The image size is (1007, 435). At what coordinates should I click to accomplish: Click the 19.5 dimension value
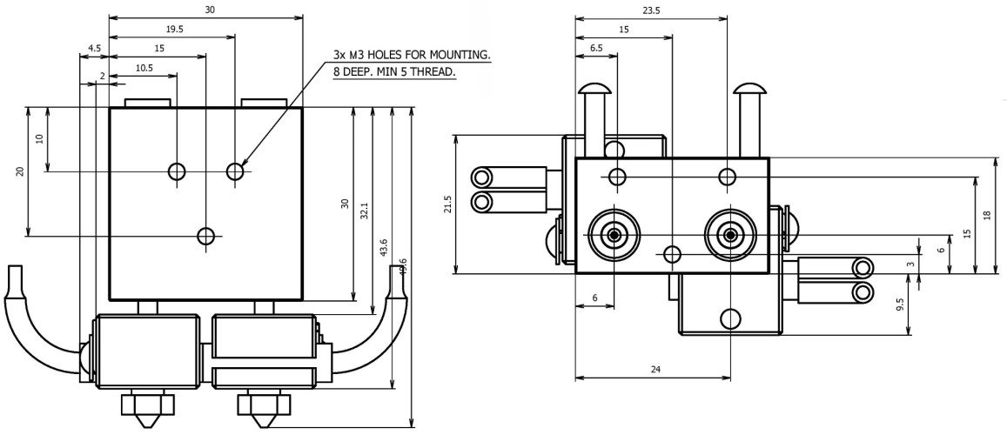point(150,29)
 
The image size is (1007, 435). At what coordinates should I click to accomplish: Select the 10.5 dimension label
point(144,68)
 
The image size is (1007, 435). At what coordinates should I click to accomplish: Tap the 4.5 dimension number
point(93,49)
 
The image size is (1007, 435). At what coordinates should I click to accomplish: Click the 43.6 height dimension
point(384,250)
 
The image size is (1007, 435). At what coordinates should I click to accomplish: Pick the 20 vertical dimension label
point(20,171)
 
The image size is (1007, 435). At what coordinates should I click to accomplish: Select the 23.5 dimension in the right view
point(651,10)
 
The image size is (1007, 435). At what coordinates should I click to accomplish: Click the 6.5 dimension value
point(596,49)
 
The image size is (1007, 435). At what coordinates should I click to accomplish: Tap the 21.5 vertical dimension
point(447,204)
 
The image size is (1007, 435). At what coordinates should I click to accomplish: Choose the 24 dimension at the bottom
point(655,369)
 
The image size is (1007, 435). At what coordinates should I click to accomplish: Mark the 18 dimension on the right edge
point(986,215)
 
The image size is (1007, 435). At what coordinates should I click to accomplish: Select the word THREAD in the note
point(433,72)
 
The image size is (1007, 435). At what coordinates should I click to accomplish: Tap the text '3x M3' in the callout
point(351,55)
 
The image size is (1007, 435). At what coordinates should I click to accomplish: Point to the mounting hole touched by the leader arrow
point(235,171)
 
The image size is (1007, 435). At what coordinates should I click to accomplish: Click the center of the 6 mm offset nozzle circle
point(614,235)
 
